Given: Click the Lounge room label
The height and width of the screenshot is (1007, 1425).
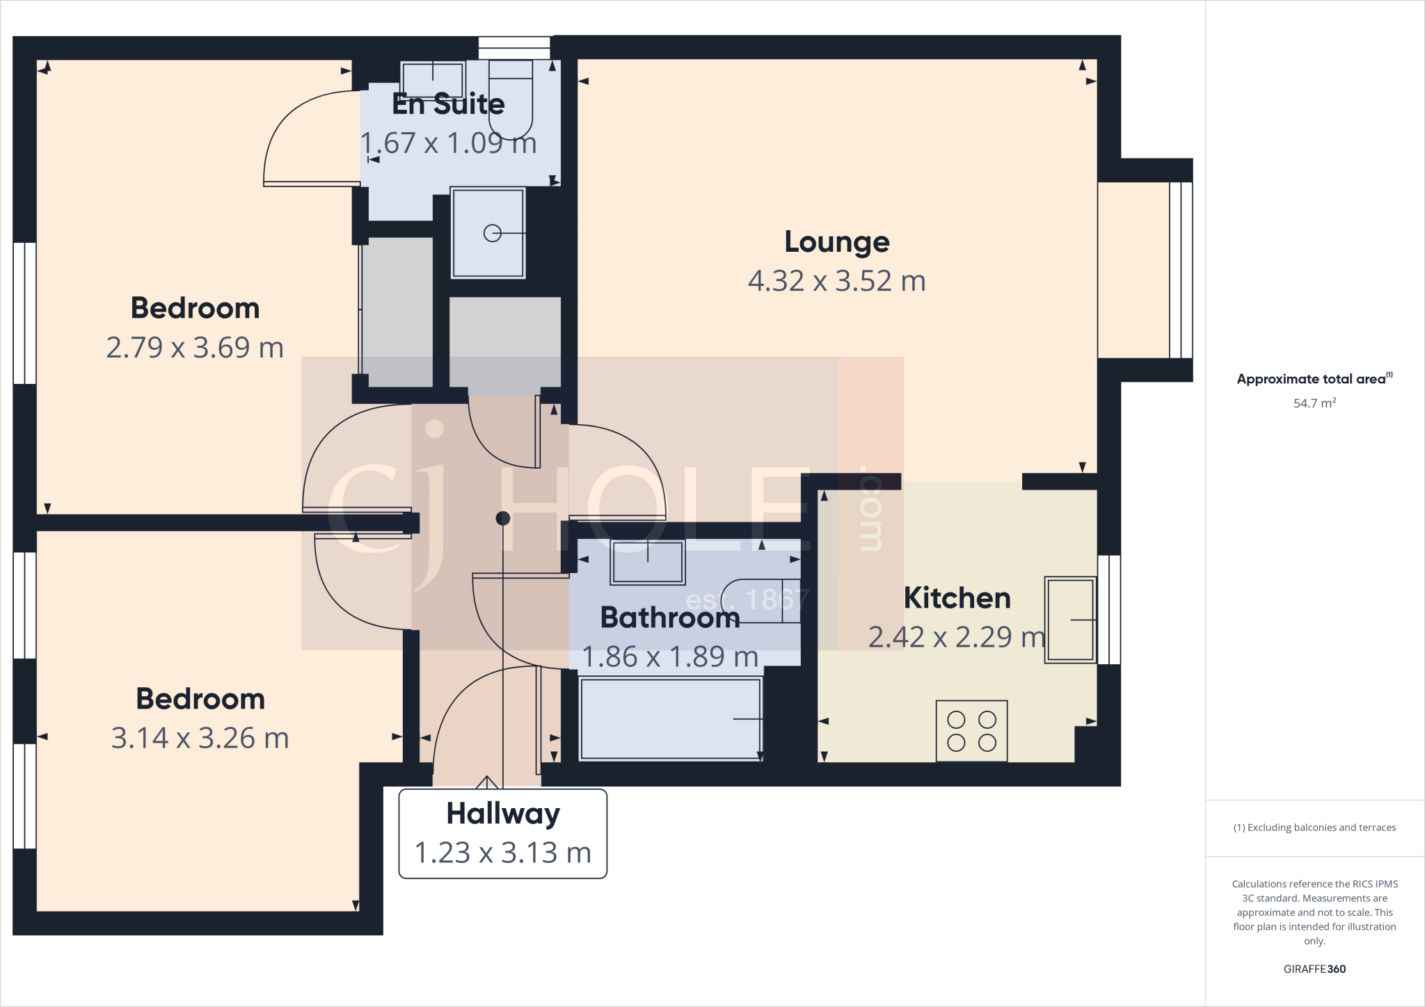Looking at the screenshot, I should click(836, 242).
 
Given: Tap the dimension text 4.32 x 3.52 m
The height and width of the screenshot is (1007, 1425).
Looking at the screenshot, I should click(836, 281).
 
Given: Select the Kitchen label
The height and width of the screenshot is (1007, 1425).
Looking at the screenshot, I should click(957, 598).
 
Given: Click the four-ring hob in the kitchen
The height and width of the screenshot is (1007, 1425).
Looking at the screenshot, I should click(971, 731).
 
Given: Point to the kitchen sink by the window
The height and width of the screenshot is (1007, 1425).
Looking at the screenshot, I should click(1070, 619).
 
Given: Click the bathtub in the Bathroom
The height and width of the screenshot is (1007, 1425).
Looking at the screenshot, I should click(670, 719).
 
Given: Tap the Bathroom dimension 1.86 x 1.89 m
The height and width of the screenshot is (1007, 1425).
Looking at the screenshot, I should click(669, 656).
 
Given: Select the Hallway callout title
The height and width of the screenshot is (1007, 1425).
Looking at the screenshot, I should click(502, 814).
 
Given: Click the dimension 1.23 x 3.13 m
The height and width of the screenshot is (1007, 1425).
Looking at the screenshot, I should click(502, 853).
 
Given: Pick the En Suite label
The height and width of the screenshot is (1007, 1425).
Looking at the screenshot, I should click(448, 104).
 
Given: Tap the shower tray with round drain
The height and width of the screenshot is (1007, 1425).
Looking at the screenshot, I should click(488, 233).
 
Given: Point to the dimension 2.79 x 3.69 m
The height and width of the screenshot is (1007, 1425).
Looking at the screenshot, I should click(195, 348).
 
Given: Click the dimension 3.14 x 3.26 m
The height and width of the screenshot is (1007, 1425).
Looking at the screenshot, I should click(200, 739).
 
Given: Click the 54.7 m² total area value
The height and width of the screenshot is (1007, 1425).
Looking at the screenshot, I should click(1314, 403).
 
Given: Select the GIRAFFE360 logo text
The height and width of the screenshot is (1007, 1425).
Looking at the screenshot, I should click(1314, 969).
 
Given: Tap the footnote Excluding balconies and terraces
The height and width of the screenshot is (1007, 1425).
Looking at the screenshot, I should click(1314, 828).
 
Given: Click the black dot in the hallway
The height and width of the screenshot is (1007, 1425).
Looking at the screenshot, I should click(503, 518).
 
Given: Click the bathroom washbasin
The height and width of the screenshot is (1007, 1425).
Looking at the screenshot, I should click(647, 562).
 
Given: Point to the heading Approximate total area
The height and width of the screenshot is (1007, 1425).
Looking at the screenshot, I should click(1312, 379).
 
